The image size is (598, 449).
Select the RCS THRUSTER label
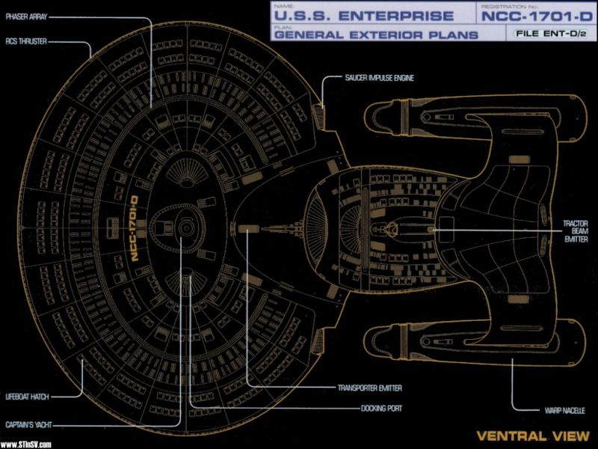click(x=21, y=42)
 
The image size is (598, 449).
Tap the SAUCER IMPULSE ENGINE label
click(x=379, y=77)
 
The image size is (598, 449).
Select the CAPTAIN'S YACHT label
click(x=25, y=424)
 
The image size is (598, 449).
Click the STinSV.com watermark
click(x=25, y=443)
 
